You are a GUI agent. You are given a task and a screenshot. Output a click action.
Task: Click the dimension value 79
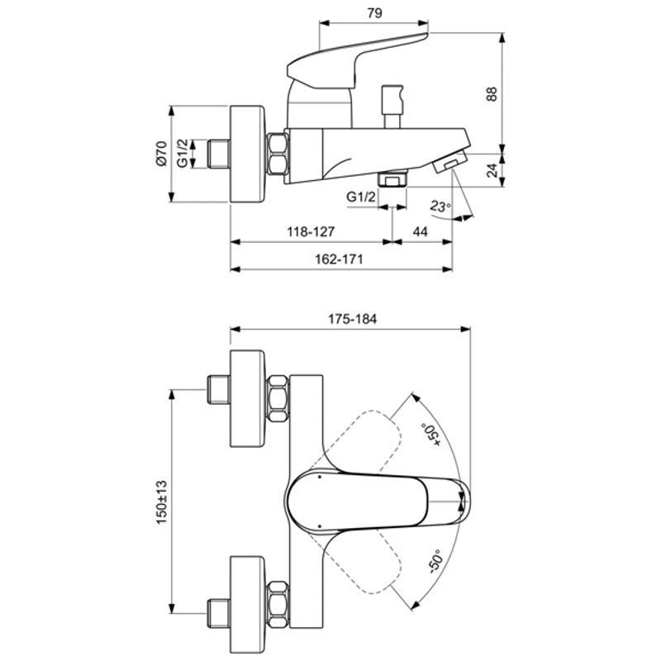click(x=373, y=12)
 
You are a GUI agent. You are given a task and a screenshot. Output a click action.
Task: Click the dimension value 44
click(x=420, y=233)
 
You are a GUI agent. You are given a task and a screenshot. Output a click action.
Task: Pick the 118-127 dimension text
click(x=311, y=233)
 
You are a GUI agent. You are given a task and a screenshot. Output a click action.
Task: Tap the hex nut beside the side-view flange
click(x=279, y=155)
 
